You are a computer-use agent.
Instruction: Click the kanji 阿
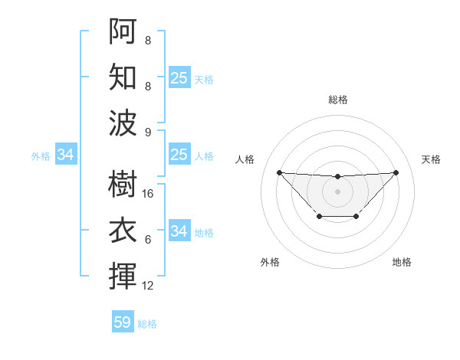pos(123,31)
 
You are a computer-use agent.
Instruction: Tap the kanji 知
pos(123,77)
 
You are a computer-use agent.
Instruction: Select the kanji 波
pos(123,123)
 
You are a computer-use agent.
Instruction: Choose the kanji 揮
pos(123,276)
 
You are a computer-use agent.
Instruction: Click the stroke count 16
pos(148,194)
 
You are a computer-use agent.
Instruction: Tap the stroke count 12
pos(148,286)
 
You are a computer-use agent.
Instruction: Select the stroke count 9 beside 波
pos(148,133)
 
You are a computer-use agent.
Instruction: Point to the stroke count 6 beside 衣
pos(148,240)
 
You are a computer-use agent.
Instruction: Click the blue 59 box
pos(123,322)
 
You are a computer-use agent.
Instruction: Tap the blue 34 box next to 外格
pos(66,155)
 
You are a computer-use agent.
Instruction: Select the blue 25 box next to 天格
pos(179,78)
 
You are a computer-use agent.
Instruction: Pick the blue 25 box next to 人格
pos(179,155)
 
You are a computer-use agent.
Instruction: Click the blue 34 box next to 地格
pos(179,231)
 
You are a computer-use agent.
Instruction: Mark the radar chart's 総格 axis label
pos(338,100)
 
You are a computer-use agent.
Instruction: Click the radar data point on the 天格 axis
pos(396,172)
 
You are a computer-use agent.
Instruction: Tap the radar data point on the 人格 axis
pos(279,172)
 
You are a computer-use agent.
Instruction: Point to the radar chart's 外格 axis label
pos(270,262)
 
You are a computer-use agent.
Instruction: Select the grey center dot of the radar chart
pos(337,191)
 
